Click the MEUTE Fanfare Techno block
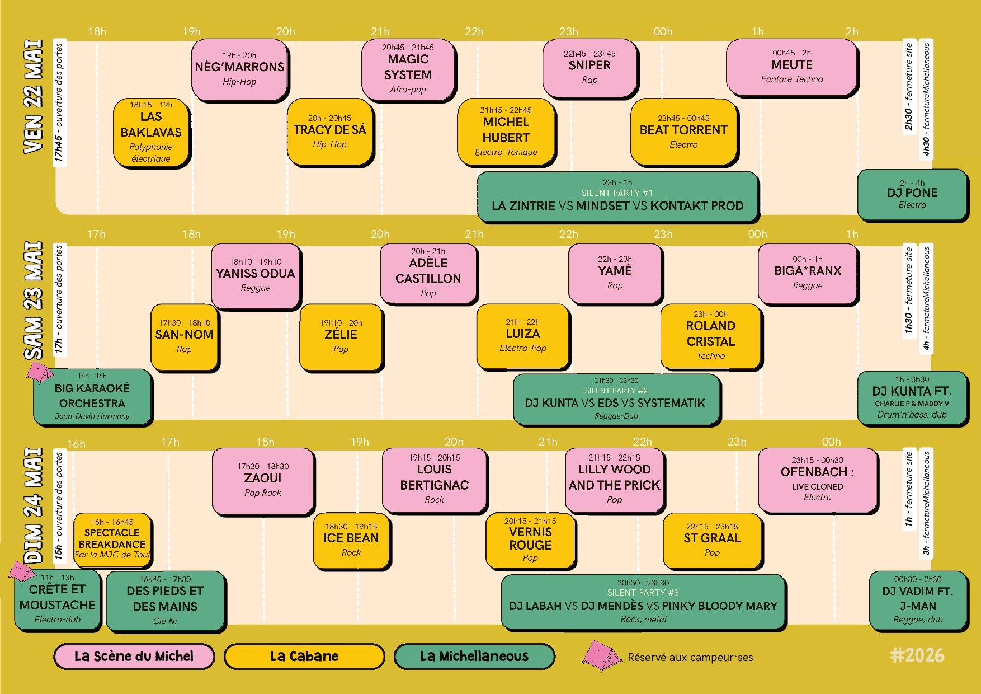(792, 67)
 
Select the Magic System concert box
(408, 70)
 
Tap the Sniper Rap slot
(590, 68)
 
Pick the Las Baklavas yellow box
(152, 133)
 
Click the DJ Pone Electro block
(912, 194)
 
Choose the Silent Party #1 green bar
(618, 196)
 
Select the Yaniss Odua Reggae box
(256, 276)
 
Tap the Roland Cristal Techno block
(711, 336)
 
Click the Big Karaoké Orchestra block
(93, 397)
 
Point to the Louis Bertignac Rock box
(435, 480)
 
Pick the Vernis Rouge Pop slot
(530, 541)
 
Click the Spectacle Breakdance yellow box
(112, 539)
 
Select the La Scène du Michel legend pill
(134, 657)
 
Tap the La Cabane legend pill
(304, 657)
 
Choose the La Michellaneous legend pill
(474, 657)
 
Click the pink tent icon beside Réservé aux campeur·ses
(601, 657)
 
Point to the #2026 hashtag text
(917, 655)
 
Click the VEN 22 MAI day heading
(33, 97)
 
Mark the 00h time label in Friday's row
(663, 32)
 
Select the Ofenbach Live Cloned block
(818, 480)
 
